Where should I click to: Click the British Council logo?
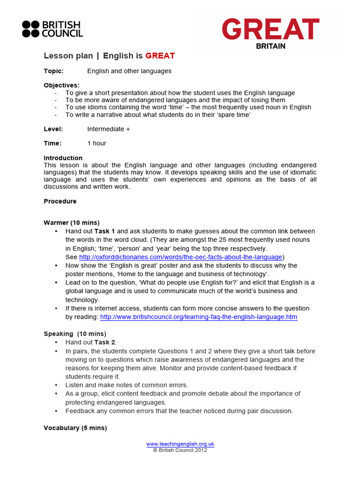(x=52, y=29)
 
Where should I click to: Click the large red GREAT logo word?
(x=270, y=30)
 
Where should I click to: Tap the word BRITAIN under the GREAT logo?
(x=270, y=46)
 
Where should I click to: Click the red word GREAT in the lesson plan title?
(x=160, y=56)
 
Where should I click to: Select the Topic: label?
(x=53, y=71)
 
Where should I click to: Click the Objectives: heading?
(x=61, y=85)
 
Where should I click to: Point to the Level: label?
(x=53, y=129)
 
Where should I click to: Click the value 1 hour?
(x=97, y=143)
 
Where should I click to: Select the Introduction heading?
(x=63, y=158)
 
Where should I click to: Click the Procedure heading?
(x=60, y=201)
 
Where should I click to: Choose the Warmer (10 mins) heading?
(x=71, y=223)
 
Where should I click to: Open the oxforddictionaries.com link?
(x=180, y=257)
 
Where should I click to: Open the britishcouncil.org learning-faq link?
(x=199, y=317)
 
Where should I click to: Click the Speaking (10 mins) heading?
(x=75, y=334)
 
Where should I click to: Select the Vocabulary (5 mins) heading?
(x=75, y=428)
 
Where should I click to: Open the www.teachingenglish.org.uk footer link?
(x=180, y=444)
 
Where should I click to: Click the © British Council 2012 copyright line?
(x=180, y=450)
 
